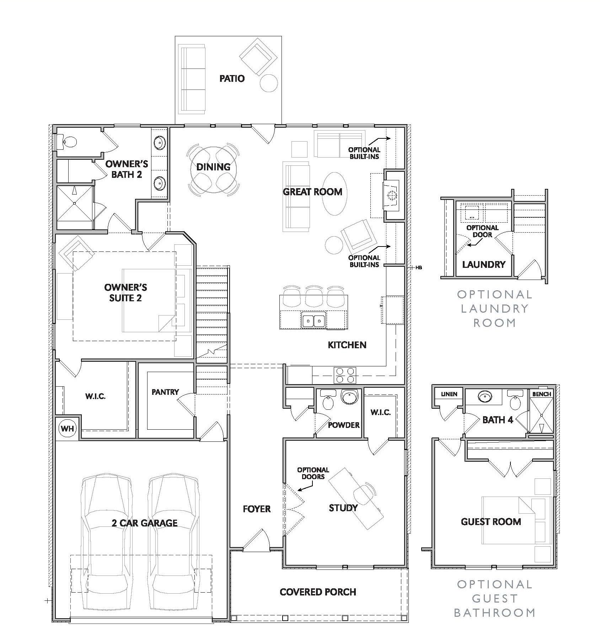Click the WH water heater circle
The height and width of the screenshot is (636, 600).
68,429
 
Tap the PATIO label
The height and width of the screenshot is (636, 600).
232,79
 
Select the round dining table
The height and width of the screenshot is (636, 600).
213,168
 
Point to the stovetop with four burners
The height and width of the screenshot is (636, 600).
345,375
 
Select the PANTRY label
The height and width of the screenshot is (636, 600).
165,392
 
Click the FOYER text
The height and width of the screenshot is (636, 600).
257,509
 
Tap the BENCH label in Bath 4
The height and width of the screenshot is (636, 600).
541,394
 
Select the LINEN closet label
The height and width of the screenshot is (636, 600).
449,394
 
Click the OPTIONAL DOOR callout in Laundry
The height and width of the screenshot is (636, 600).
482,231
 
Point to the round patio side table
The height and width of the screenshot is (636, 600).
268,83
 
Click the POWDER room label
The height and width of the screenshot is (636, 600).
343,425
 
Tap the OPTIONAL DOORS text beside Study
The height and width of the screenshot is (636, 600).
313,473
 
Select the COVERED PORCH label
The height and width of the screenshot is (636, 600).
318,592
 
